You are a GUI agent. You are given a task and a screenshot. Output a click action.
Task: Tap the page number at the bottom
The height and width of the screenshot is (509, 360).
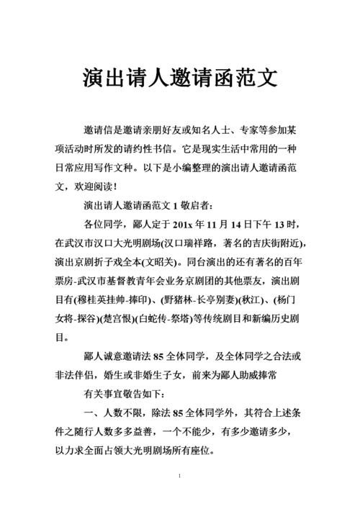(x=179, y=477)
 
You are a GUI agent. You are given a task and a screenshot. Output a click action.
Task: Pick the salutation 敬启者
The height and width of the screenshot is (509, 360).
(x=190, y=204)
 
